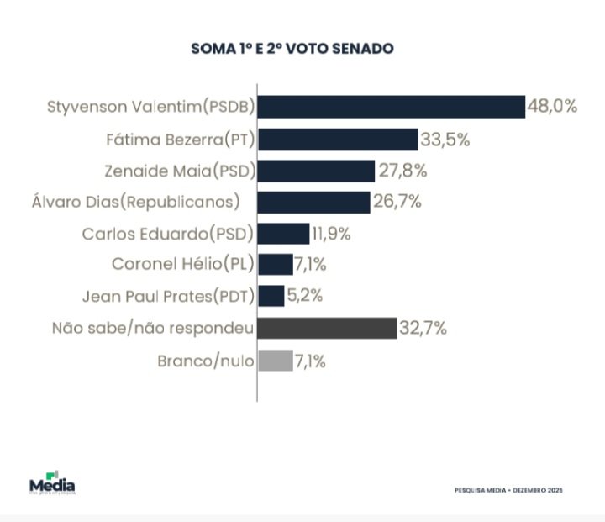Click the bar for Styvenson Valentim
pyautogui.click(x=391, y=107)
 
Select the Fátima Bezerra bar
pyautogui.click(x=338, y=139)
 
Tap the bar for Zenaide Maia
pyautogui.click(x=316, y=171)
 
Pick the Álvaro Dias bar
pyautogui.click(x=313, y=202)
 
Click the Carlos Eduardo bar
pyautogui.click(x=284, y=234)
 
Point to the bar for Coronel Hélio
pyautogui.click(x=276, y=265)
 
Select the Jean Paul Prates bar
pyautogui.click(x=271, y=296)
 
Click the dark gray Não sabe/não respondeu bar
pyautogui.click(x=327, y=328)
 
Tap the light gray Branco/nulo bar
pyautogui.click(x=276, y=361)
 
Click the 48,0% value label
pyautogui.click(x=552, y=107)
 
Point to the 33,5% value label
pyautogui.click(x=445, y=139)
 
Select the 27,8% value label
pyautogui.click(x=402, y=171)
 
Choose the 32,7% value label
pyautogui.click(x=423, y=328)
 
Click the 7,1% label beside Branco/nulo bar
pyautogui.click(x=309, y=362)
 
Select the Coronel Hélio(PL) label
pyautogui.click(x=182, y=265)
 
